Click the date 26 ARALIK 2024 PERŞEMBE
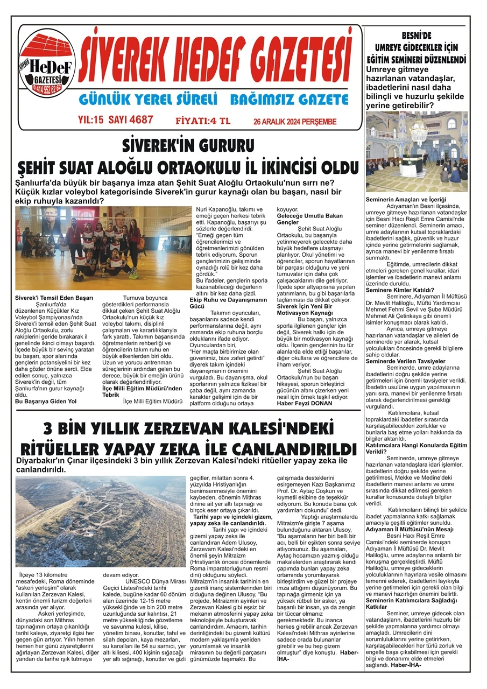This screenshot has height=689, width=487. [294, 122]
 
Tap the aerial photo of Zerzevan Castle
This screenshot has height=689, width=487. [94, 521]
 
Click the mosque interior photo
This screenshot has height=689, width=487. [417, 152]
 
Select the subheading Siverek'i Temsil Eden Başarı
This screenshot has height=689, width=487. [54, 298]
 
